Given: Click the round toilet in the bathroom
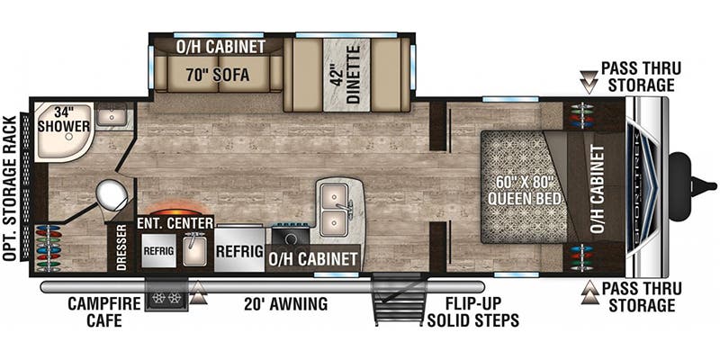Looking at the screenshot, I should point(112,193).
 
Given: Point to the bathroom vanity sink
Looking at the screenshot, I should point(113,115).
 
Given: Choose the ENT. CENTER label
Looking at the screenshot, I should point(175,223).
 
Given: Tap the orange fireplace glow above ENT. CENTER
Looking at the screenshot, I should point(175,205).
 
